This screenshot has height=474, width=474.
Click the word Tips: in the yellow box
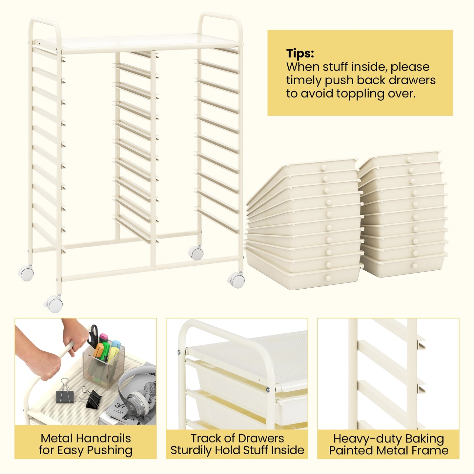click(300, 53)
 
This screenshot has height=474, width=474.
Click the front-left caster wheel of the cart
click(54, 304)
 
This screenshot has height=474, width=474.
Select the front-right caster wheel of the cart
click(237, 280)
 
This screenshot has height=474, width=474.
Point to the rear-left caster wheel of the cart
click(26, 273)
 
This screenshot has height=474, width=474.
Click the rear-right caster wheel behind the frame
click(196, 253)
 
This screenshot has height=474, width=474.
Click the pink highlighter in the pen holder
click(103, 338)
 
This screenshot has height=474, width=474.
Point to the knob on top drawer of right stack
click(409, 160)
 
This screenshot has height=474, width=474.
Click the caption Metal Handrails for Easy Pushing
click(86, 444)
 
